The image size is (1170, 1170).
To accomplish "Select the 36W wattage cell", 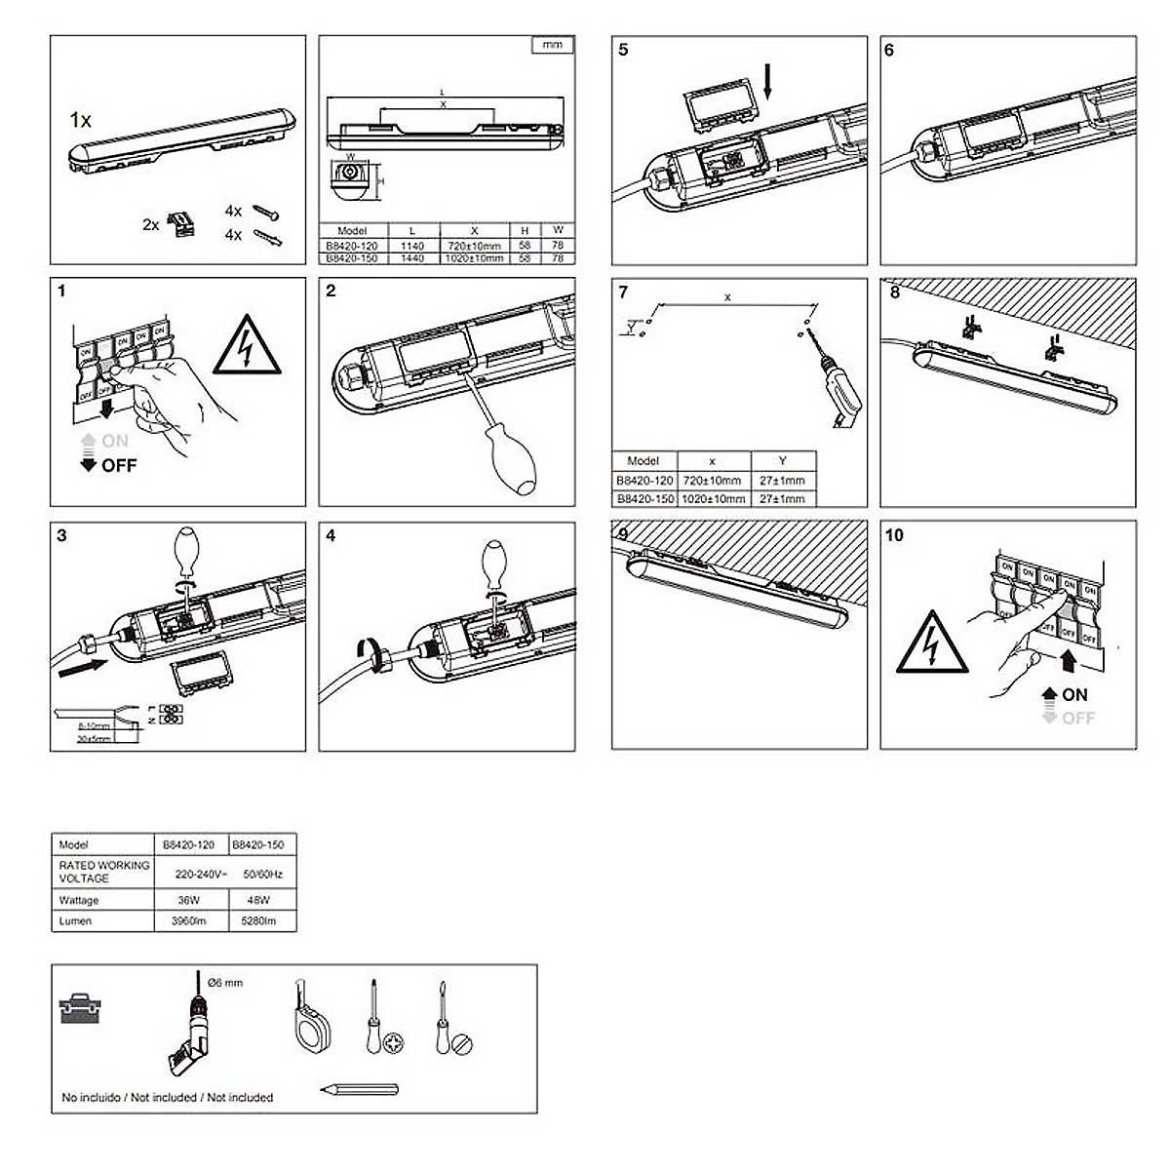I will pos(189,900).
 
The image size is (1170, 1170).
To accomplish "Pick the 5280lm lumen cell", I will pos(258,920).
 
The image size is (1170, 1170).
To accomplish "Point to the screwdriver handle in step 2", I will pos(514,467).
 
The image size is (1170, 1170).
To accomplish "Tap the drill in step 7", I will pos(839,390).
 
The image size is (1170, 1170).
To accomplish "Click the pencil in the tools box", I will pos(358,1089).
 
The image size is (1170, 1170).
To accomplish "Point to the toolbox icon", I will pos(78,1008).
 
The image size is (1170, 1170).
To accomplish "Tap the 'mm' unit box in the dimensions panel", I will pos(552,45).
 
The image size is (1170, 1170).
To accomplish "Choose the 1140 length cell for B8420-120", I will pos(411,247).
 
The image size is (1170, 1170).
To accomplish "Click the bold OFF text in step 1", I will pos(119,465).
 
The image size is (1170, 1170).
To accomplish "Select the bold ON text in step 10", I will pos(1074,694).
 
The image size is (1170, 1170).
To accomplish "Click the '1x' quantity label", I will pos(81,120).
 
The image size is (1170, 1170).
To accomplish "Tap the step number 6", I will pos(888,50).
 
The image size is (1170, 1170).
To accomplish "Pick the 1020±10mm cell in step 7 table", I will pos(713,498).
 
